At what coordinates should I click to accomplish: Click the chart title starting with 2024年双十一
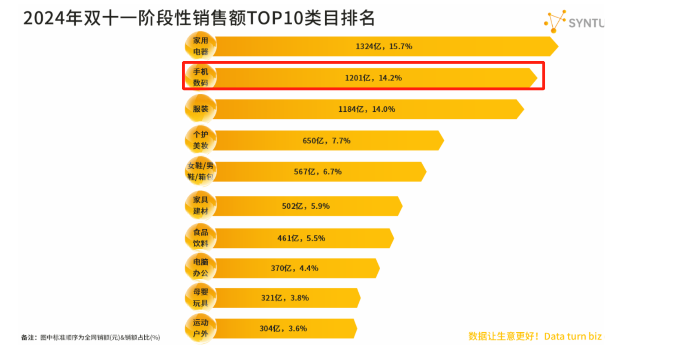point(198,18)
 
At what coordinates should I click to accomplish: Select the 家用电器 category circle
point(201,46)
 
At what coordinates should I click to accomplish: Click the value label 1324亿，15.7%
point(384,46)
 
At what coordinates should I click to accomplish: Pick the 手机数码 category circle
point(201,77)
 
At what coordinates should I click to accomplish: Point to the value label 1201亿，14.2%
point(373,78)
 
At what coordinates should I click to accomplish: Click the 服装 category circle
point(201,109)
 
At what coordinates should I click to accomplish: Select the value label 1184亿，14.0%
point(366,109)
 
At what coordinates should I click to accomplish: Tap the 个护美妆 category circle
point(201,140)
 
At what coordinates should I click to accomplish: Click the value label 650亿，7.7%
point(326,141)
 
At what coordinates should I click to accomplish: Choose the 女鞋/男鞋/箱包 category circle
point(200,171)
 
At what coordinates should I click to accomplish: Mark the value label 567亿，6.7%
point(317,172)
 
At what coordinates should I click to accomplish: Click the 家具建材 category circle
point(201,205)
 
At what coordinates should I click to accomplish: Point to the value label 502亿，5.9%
point(306,206)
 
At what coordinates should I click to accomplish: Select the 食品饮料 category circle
point(201,238)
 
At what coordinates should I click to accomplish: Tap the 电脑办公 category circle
point(201,267)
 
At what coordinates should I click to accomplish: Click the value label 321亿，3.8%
point(284,298)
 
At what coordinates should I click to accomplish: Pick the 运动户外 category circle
point(201,328)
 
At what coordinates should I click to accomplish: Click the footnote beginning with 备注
point(90,338)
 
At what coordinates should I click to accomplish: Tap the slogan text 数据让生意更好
point(503,336)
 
